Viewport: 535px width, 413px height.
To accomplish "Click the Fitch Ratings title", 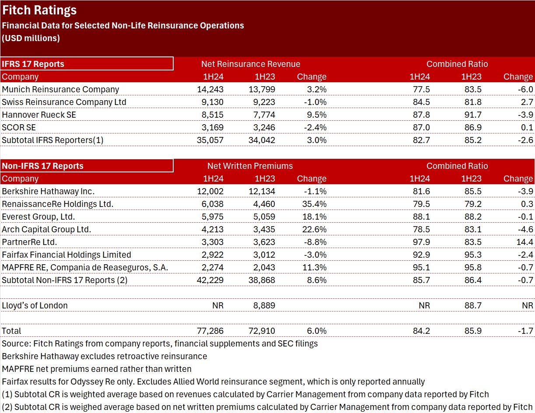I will (39, 10).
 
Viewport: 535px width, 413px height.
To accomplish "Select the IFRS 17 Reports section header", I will (33, 64).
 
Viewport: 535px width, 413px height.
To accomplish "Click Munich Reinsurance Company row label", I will (60, 89).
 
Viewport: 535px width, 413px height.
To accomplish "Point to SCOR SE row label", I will (19, 127).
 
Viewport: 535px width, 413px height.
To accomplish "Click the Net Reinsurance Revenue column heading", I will (251, 64).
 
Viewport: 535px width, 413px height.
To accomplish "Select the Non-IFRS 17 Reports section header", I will (42, 166).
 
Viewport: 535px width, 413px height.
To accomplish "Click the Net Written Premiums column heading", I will (250, 166).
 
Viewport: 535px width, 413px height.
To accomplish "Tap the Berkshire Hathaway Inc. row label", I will (48, 191).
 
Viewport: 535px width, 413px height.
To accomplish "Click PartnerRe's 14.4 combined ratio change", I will (525, 242).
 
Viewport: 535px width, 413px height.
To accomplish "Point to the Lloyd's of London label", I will (35, 305).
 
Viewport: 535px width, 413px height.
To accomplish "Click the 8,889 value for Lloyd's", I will (264, 305).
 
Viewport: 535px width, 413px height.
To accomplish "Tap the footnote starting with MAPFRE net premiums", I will (97, 369).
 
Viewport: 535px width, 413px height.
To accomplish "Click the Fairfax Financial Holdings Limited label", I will (66, 255).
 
